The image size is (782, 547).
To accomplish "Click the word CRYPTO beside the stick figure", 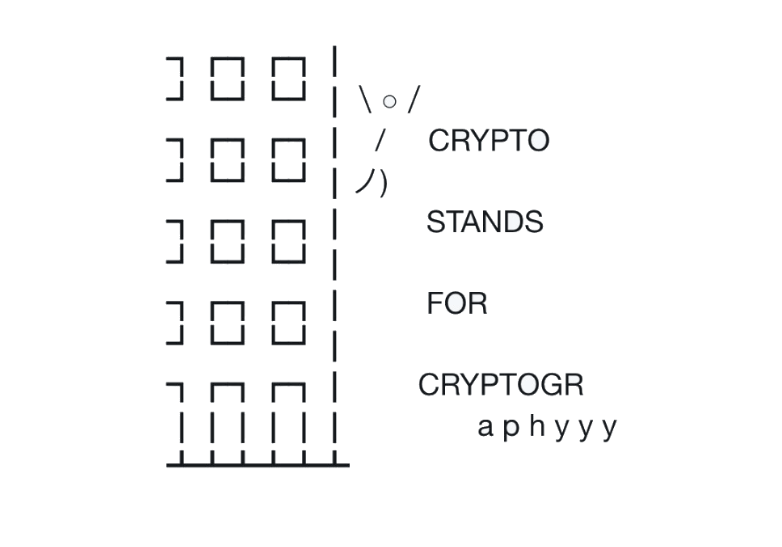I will click(x=489, y=141).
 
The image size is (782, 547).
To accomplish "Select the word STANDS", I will click(x=484, y=222).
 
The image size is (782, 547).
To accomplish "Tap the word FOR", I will click(x=457, y=303).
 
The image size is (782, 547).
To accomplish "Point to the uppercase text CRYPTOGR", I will click(x=500, y=385).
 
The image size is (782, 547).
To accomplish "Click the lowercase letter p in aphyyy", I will click(x=511, y=429).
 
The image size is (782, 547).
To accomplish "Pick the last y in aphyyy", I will click(x=609, y=429).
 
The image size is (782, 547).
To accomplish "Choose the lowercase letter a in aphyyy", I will click(x=486, y=429).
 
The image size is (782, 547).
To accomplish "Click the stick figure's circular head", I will click(x=388, y=100).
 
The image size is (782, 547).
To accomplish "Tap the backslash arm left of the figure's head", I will click(x=366, y=99).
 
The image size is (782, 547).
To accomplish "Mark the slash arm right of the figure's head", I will click(x=412, y=99).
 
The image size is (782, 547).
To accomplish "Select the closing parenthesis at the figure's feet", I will click(x=383, y=184).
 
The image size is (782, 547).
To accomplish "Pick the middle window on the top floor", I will click(x=227, y=78).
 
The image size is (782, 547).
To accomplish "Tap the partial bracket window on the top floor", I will click(x=176, y=78).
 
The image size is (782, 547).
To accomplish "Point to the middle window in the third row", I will click(x=227, y=241).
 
